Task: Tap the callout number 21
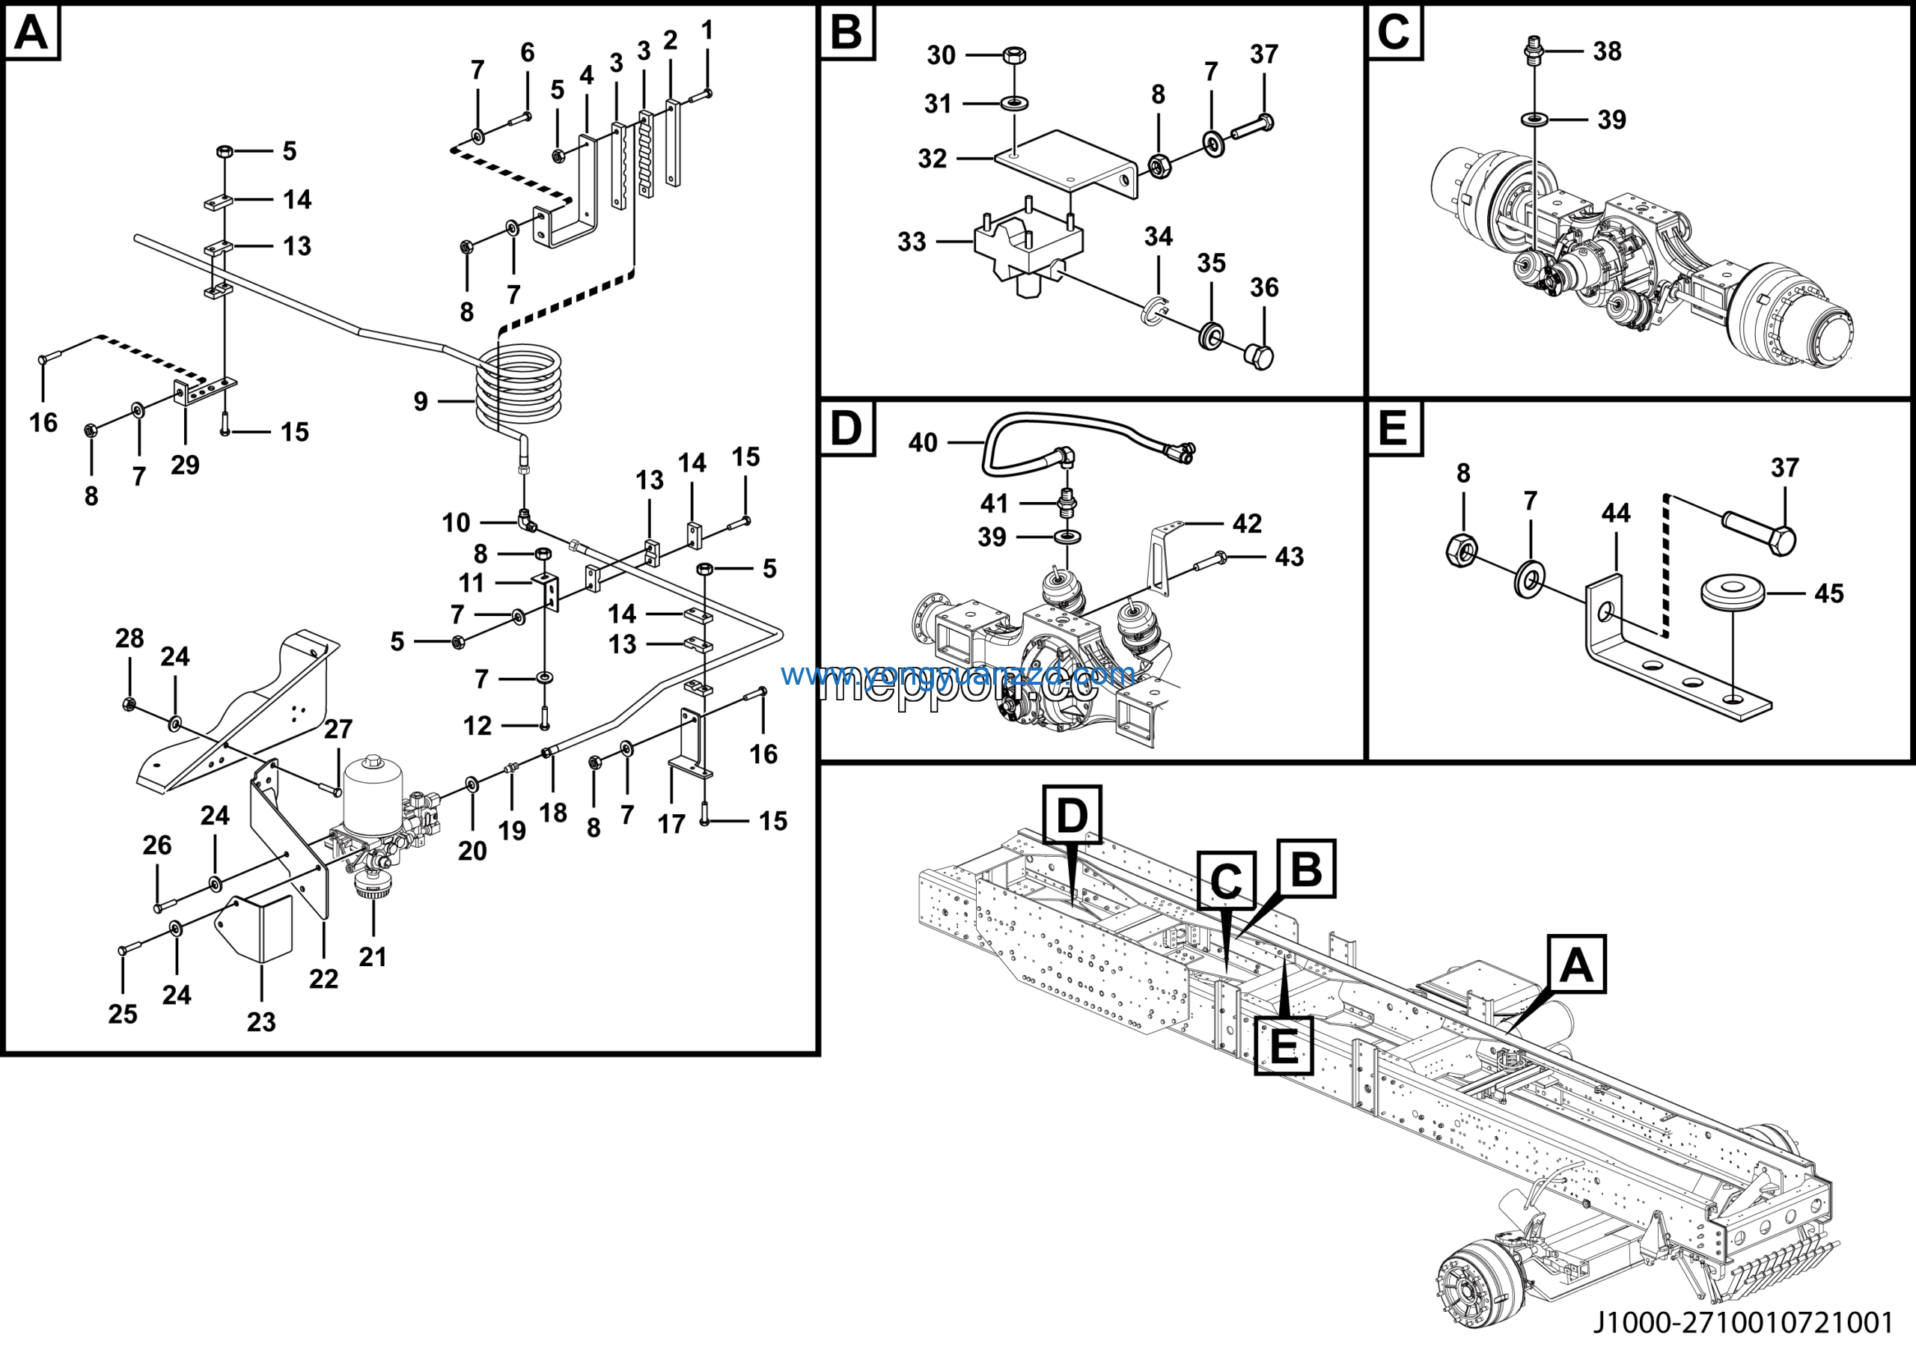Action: pyautogui.click(x=372, y=957)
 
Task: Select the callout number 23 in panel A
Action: pyautogui.click(x=261, y=1021)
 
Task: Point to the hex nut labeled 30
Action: pyautogui.click(x=1014, y=56)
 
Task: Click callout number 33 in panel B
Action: pyautogui.click(x=912, y=242)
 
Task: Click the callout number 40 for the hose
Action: pyautogui.click(x=923, y=442)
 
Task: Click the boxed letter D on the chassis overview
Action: pyautogui.click(x=1072, y=815)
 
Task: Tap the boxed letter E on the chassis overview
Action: pyautogui.click(x=1284, y=1045)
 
